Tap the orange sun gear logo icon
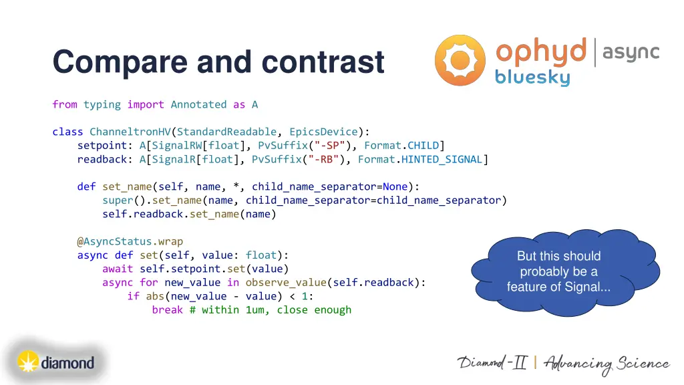pyautogui.click(x=460, y=60)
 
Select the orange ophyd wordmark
pyautogui.click(x=541, y=52)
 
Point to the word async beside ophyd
pyautogui.click(x=631, y=51)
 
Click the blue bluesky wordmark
pyautogui.click(x=532, y=78)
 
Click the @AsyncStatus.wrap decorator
pyautogui.click(x=130, y=241)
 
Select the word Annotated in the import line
pyautogui.click(x=198, y=104)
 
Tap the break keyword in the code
pyautogui.click(x=167, y=309)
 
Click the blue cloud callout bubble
pyautogui.click(x=558, y=271)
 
